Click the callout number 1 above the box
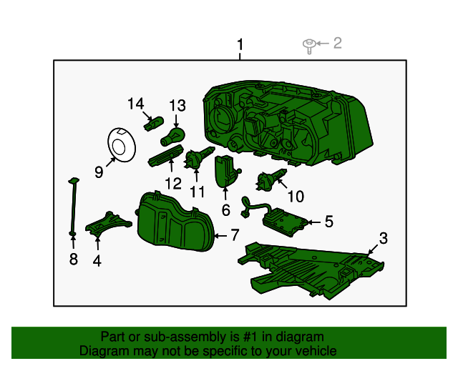point(240,45)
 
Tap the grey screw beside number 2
point(308,46)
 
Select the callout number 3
point(383,238)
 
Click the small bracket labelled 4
point(109,224)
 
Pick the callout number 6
point(226,210)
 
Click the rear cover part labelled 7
point(175,221)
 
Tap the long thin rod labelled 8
point(73,207)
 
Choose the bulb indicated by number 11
point(200,158)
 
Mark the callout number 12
point(173,184)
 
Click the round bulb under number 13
point(173,137)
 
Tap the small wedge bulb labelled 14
point(154,124)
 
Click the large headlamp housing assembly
point(288,123)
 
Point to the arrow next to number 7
point(221,235)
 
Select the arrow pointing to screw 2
point(323,44)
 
